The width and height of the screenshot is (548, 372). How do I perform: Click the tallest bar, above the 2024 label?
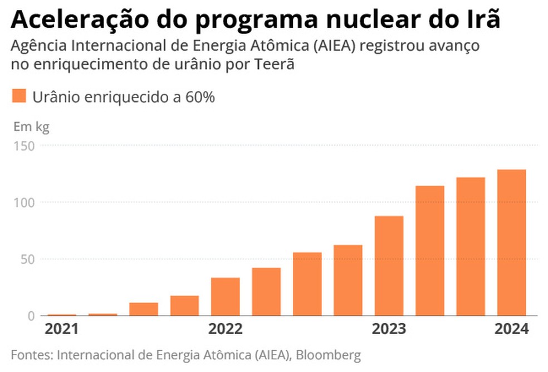511,243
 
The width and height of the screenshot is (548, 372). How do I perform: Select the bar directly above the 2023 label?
389,265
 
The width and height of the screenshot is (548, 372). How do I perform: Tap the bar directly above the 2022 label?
225,296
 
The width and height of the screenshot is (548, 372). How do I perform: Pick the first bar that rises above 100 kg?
429,250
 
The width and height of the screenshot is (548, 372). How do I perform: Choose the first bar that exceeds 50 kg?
307,284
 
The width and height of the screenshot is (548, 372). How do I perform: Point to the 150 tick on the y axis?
25,146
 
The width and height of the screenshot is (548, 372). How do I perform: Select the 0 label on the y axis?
32,316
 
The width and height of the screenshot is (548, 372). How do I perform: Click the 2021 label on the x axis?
62,329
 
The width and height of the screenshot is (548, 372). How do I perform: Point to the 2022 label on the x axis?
226,329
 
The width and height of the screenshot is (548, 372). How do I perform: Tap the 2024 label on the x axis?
511,329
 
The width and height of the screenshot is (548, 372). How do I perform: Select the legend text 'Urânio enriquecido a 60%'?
124,96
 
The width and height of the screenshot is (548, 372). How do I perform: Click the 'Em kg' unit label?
31,127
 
